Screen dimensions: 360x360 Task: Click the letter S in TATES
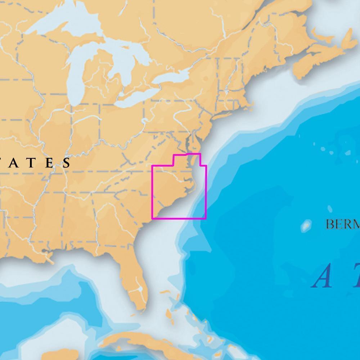coord(67,163)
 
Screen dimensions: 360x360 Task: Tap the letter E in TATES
coord(49,163)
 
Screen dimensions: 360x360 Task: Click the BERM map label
coord(342,224)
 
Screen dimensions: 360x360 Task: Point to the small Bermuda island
coord(306,225)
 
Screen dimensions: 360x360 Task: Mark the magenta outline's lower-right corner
coord(206,218)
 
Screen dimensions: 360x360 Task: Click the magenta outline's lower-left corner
coord(152,218)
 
